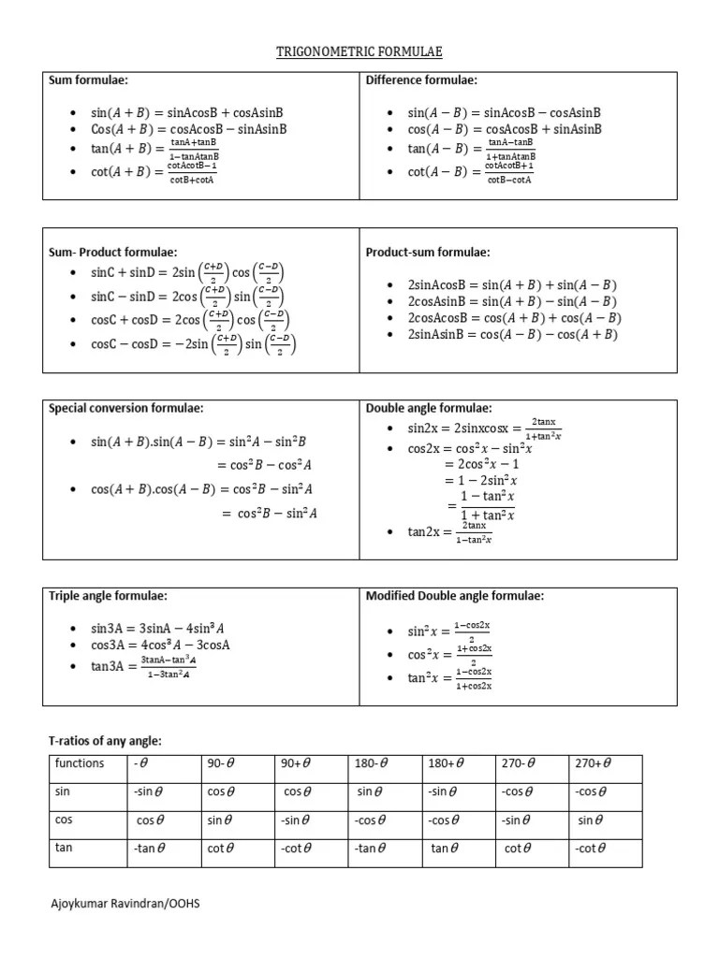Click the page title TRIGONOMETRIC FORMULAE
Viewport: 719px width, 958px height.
(359, 51)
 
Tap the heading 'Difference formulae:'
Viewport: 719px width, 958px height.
(421, 81)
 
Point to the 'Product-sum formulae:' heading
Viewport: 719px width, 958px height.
(428, 253)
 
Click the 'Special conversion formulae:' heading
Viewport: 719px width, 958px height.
(125, 408)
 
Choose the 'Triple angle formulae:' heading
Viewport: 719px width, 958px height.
(108, 596)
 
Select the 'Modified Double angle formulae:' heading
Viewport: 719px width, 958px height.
(454, 596)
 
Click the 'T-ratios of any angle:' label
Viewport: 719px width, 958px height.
(105, 741)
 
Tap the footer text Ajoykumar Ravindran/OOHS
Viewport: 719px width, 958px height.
(125, 904)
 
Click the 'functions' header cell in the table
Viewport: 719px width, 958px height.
(80, 763)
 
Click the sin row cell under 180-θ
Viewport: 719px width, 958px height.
(371, 791)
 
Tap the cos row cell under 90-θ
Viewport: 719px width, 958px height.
(220, 820)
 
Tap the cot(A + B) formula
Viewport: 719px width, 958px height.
(154, 173)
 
